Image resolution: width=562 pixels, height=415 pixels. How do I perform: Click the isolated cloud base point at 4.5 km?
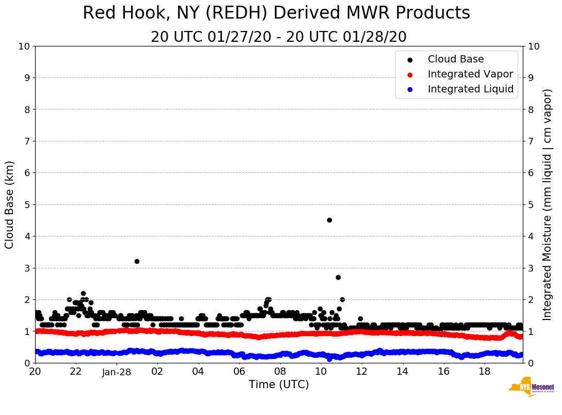pyautogui.click(x=329, y=220)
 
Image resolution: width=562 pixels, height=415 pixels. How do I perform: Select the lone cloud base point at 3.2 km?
pyautogui.click(x=137, y=261)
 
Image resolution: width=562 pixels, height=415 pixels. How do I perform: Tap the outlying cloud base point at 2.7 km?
pyautogui.click(x=338, y=277)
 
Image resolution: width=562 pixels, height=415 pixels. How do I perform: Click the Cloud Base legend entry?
pyautogui.click(x=456, y=59)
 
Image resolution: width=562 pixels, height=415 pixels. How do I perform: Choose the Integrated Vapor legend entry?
pyautogui.click(x=470, y=74)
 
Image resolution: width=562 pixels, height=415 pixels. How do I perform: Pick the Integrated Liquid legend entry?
pyautogui.click(x=470, y=89)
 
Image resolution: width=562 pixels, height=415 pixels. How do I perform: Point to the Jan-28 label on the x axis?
pyautogui.click(x=117, y=372)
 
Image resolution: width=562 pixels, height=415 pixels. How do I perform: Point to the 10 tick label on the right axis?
pyautogui.click(x=535, y=46)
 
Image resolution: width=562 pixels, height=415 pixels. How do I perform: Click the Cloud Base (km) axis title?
pyautogui.click(x=10, y=204)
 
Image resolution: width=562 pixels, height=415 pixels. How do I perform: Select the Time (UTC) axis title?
pyautogui.click(x=279, y=385)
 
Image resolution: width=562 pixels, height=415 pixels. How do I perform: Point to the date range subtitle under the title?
pyautogui.click(x=279, y=37)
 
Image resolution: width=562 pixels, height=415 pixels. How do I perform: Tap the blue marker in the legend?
pyautogui.click(x=410, y=89)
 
